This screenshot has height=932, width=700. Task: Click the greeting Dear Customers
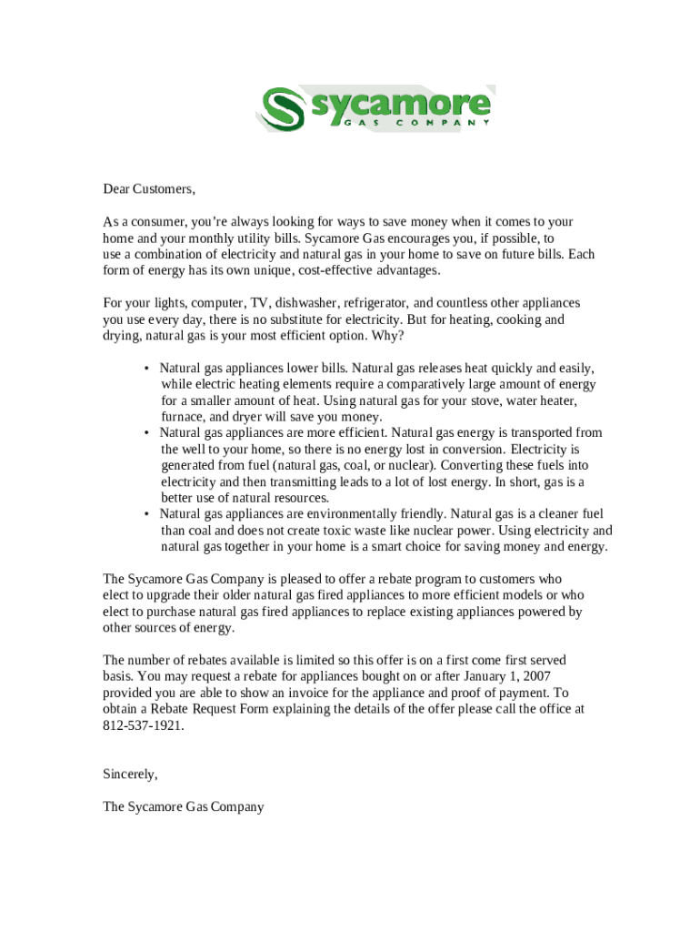tap(149, 189)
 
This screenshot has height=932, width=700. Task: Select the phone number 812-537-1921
tap(143, 725)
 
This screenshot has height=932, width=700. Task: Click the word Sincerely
tap(131, 774)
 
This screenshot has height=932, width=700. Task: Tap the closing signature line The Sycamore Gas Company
tap(183, 806)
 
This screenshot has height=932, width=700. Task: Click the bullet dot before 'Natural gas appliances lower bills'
tap(146, 369)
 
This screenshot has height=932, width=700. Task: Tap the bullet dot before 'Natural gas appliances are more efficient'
tap(146, 433)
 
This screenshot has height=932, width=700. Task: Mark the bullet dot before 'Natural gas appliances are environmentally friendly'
tap(146, 515)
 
